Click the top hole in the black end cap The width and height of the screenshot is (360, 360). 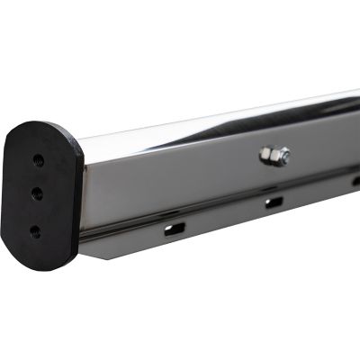(38, 160)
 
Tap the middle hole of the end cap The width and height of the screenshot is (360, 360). (37, 193)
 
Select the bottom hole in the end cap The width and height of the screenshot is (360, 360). (35, 230)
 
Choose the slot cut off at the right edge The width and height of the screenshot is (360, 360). (355, 180)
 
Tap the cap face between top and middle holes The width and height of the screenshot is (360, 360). (38, 176)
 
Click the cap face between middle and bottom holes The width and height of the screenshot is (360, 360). (36, 211)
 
